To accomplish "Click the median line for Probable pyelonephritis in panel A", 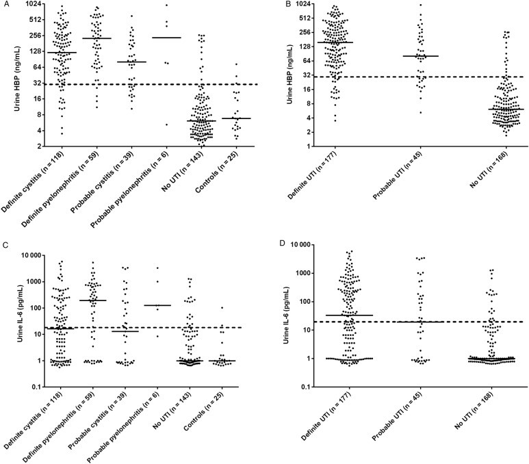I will pos(166,38).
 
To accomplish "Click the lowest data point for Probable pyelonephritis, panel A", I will pos(166,125).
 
